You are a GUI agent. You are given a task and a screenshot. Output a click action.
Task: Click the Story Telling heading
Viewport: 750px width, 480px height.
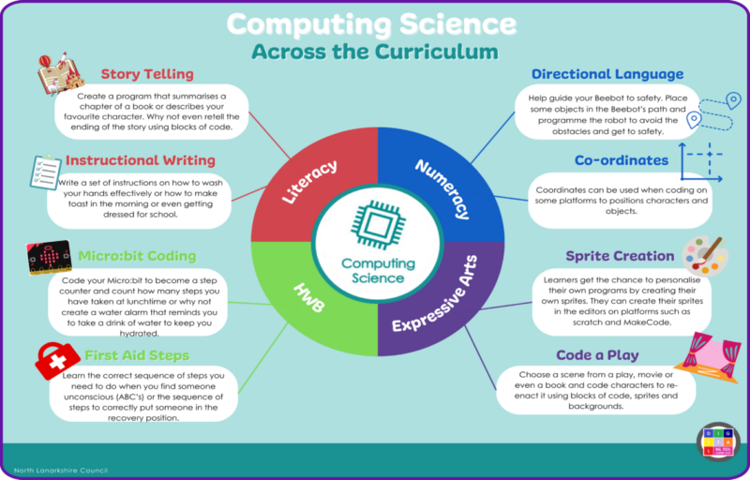[x=147, y=73]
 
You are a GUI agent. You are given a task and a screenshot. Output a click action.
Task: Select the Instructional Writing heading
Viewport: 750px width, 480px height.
[x=141, y=160]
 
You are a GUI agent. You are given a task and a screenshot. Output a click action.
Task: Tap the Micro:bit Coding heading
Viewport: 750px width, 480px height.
[x=139, y=255]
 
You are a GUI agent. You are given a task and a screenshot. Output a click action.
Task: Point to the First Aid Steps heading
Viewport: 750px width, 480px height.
[x=137, y=356]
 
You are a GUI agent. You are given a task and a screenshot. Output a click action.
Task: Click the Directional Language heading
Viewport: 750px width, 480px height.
[x=607, y=74]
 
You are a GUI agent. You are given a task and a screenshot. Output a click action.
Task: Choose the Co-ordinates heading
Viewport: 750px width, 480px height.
[x=622, y=160]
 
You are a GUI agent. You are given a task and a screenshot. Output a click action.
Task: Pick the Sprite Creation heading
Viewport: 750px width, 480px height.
[x=620, y=256]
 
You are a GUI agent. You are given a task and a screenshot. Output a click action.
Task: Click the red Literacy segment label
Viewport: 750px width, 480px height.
[x=310, y=182]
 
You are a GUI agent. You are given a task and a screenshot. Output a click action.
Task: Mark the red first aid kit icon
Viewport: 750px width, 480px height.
[x=57, y=358]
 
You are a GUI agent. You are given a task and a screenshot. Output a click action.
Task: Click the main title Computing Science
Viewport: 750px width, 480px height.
[x=372, y=23]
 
